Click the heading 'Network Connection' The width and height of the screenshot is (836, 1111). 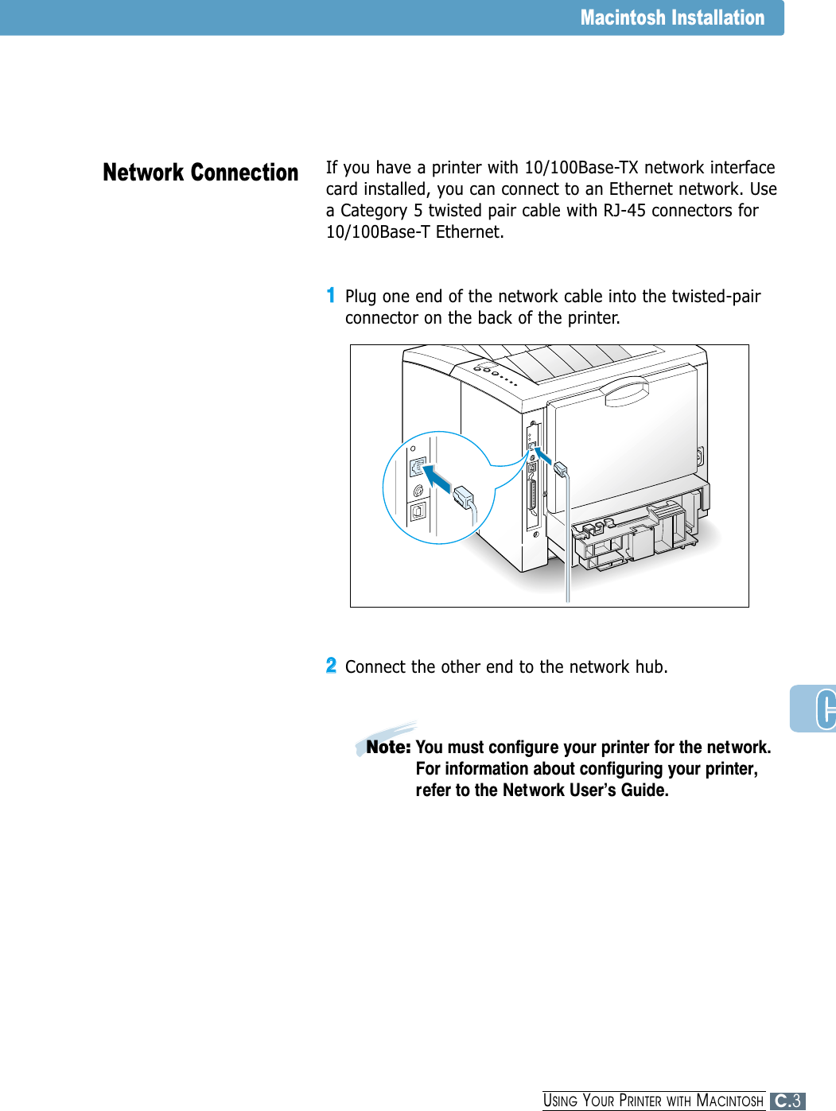pyautogui.click(x=200, y=173)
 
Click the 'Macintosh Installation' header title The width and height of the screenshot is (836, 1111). pyautogui.click(x=671, y=17)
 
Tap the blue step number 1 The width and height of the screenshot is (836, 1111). pyautogui.click(x=331, y=295)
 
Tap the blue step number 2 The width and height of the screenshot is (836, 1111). pyautogui.click(x=331, y=666)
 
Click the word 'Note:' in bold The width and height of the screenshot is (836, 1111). pyautogui.click(x=388, y=748)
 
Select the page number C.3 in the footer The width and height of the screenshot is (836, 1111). pyautogui.click(x=787, y=1101)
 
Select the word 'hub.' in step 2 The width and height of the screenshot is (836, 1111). pyautogui.click(x=651, y=667)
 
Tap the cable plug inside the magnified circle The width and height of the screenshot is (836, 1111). pyautogui.click(x=463, y=498)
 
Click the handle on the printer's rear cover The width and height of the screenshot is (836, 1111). pyautogui.click(x=626, y=391)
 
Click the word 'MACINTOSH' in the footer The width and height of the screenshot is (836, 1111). pyautogui.click(x=729, y=1101)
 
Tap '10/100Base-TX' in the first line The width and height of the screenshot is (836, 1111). pyautogui.click(x=581, y=168)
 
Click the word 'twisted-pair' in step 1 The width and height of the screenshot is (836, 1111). pyautogui.click(x=716, y=297)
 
